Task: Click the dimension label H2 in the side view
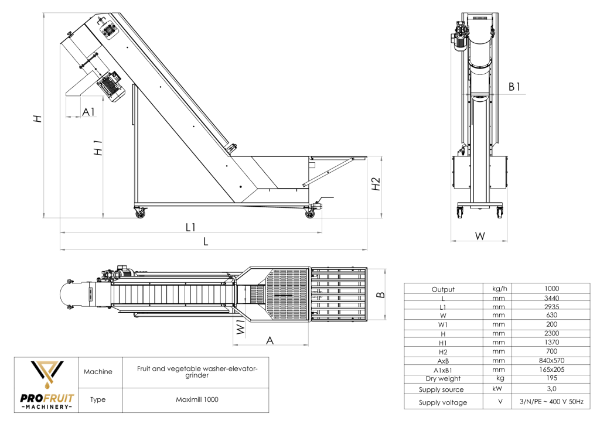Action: point(376,183)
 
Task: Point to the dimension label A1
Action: point(88,111)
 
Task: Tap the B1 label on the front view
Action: point(514,87)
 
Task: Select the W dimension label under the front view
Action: point(480,236)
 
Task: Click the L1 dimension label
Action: point(190,227)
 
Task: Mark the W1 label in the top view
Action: point(239,327)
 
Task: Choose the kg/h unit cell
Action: point(499,288)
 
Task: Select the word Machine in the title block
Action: point(98,371)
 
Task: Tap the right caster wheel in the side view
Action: point(309,213)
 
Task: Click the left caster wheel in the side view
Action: point(141,214)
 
